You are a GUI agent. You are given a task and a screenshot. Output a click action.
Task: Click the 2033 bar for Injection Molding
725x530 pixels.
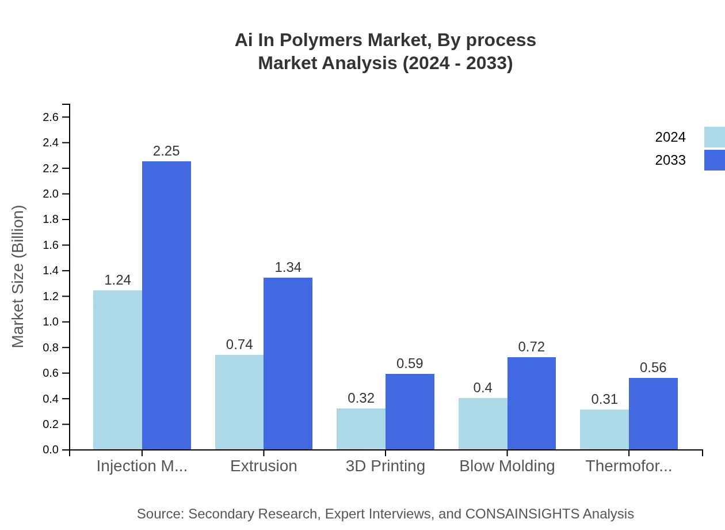(166, 305)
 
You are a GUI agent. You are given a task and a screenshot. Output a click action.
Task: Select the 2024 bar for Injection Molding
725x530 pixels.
(117, 370)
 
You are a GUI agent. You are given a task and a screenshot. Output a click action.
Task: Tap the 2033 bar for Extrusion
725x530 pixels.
(288, 364)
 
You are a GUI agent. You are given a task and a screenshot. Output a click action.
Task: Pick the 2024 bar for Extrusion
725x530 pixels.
(239, 402)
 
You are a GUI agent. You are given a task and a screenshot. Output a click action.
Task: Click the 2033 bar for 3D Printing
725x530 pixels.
(410, 411)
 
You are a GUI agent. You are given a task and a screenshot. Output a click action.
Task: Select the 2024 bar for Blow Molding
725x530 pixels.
(483, 423)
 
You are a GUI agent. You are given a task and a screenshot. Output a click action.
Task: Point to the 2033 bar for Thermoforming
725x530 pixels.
(653, 414)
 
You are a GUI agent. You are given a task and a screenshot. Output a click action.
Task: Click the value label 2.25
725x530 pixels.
(166, 151)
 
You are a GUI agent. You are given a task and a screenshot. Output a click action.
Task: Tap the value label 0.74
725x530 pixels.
(239, 344)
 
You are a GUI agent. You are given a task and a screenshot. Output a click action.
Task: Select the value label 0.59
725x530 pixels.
(410, 364)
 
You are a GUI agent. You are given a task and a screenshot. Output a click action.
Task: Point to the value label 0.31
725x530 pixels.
(604, 399)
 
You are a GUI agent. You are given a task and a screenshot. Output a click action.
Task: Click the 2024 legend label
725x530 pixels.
(670, 137)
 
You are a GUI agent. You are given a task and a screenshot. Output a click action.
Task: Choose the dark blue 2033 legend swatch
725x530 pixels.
(714, 160)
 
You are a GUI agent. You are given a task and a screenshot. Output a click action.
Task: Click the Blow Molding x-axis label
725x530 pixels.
(507, 466)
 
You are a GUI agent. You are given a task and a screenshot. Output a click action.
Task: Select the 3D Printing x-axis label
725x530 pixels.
(386, 466)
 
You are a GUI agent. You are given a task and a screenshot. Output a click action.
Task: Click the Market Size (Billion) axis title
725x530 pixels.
(18, 277)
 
